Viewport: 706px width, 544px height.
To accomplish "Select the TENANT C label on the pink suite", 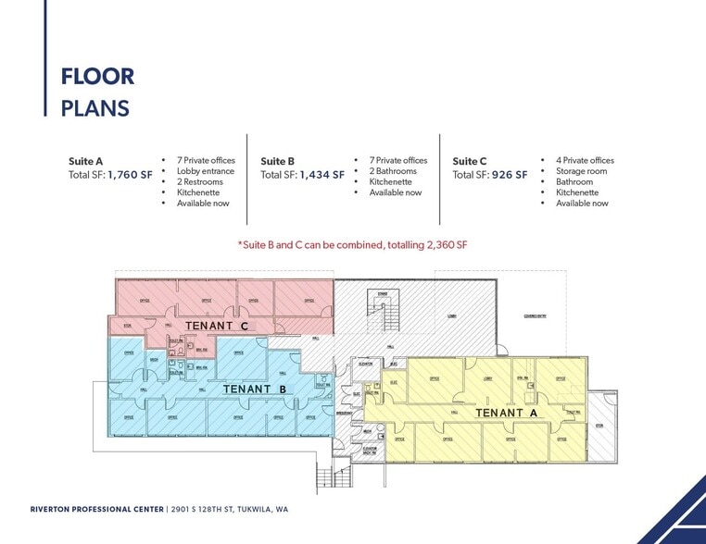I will click(217, 326).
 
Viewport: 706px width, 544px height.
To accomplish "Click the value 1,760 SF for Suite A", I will click(132, 174).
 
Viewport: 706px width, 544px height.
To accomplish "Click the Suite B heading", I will click(278, 161).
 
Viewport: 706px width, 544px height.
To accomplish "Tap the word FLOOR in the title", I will click(97, 76).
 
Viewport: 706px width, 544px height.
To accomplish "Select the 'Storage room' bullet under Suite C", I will click(581, 171).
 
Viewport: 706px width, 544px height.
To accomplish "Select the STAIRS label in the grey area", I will click(383, 293).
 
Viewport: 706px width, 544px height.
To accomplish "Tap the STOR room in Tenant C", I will click(127, 326).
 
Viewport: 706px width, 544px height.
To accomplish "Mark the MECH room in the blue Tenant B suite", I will click(155, 359).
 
